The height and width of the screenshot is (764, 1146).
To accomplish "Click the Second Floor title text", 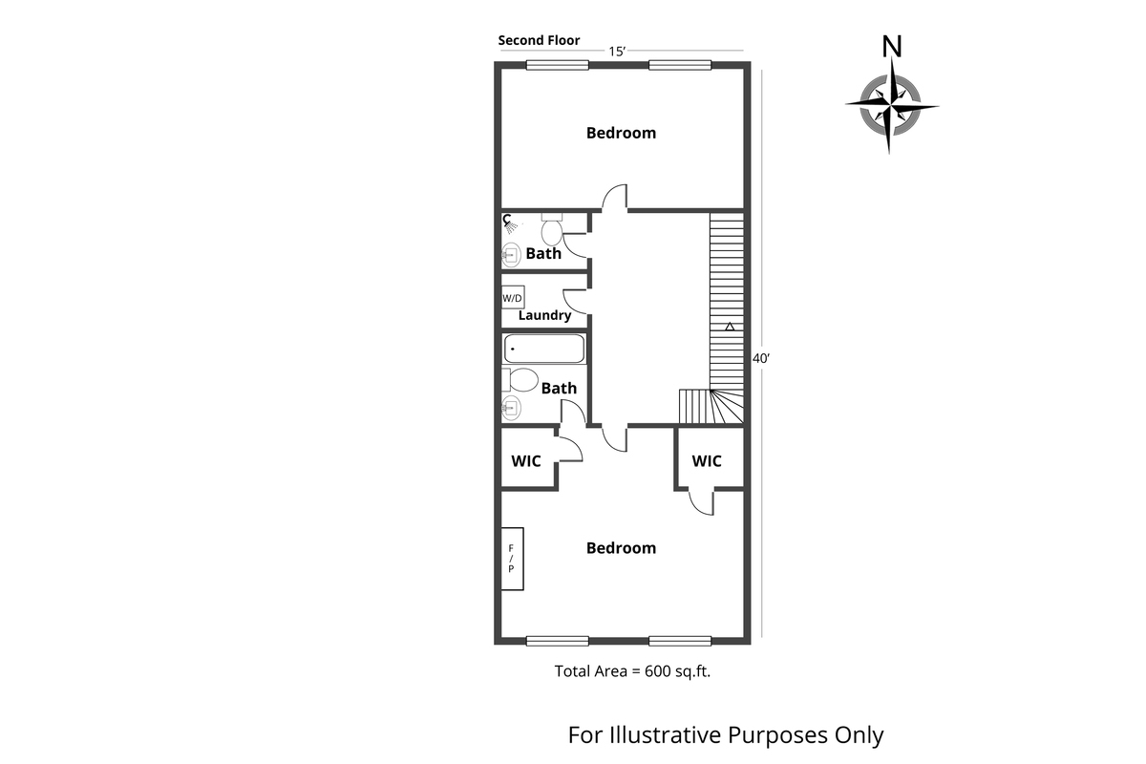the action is pyautogui.click(x=539, y=41).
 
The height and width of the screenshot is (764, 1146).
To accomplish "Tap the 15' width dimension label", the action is pyautogui.click(x=617, y=52).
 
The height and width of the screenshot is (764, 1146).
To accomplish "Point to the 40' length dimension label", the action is pyautogui.click(x=761, y=358).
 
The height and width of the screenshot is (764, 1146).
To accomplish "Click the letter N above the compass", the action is pyautogui.click(x=892, y=46).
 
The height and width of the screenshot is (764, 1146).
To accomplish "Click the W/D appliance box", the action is pyautogui.click(x=513, y=298).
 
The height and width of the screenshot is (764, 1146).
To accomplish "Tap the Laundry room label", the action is pyautogui.click(x=544, y=315).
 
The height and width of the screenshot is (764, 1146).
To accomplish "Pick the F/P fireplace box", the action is pyautogui.click(x=511, y=559).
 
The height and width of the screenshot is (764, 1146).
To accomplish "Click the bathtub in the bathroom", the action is pyautogui.click(x=543, y=349).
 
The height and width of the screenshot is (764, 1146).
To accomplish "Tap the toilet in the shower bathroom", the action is pyautogui.click(x=552, y=230).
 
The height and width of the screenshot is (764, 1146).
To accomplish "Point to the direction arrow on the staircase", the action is pyautogui.click(x=730, y=328).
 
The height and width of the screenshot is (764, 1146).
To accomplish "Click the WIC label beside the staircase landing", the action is pyautogui.click(x=707, y=461).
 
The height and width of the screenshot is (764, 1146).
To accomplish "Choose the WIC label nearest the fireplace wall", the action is pyautogui.click(x=526, y=461).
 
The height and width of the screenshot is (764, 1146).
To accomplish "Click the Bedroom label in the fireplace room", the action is pyautogui.click(x=621, y=548).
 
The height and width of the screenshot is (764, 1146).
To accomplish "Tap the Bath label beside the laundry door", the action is pyautogui.click(x=543, y=254).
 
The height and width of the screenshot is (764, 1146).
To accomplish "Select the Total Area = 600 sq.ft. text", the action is pyautogui.click(x=633, y=671).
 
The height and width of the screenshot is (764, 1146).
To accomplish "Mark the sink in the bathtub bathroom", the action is pyautogui.click(x=511, y=409).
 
